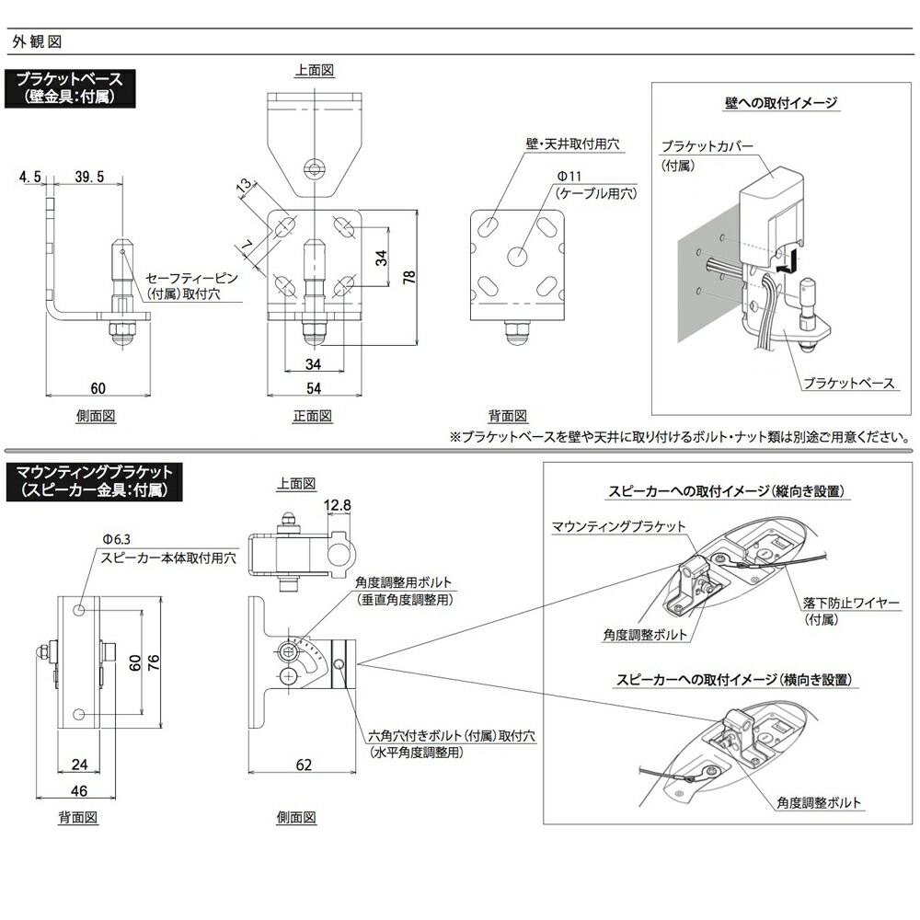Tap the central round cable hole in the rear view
[x=518, y=257]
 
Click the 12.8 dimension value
[x=338, y=504]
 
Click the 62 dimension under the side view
[x=305, y=765]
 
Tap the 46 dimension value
[x=79, y=790]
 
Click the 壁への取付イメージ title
[x=780, y=102]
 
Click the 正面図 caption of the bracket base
[x=312, y=415]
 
